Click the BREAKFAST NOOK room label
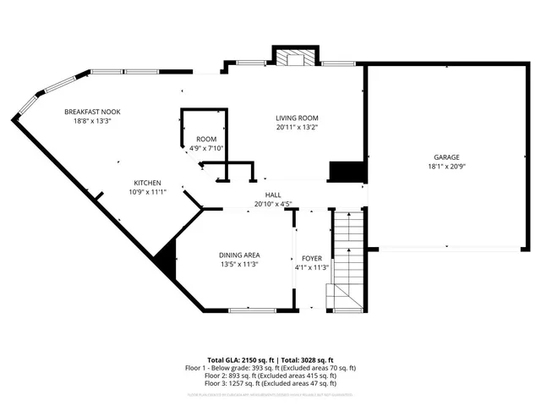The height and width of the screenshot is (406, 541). coord(93,111)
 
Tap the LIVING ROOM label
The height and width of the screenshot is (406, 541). coord(297,118)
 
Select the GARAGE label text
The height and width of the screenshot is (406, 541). coord(447,157)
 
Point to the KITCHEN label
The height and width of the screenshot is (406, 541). coord(147,183)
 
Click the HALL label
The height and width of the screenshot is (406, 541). coord(273,195)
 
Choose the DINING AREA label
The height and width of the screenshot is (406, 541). coord(239,255)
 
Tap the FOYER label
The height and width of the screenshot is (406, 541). coord(311,258)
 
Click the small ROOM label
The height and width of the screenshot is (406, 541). coord(206,139)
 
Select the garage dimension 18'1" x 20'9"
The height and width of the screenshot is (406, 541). coord(447,167)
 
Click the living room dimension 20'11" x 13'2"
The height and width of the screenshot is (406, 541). coord(297,128)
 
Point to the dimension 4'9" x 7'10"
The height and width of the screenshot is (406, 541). coord(206,148)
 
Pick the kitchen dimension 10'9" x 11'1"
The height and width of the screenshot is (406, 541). coord(147,192)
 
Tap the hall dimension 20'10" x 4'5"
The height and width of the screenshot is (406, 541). coord(273,204)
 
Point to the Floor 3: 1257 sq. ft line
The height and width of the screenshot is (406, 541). coord(270,383)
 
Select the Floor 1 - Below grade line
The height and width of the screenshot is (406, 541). coord(270,368)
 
